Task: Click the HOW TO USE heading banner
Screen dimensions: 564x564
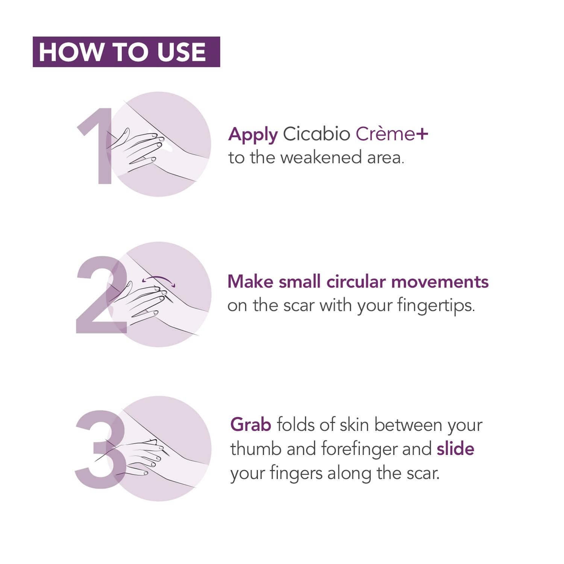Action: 126,52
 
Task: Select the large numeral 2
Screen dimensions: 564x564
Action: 102,294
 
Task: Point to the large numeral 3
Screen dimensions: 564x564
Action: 101,449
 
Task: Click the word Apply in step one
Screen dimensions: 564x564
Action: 253,135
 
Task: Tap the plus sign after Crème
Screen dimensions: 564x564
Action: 421,134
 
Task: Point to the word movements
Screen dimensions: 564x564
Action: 440,282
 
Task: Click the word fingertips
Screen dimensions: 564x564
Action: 436,306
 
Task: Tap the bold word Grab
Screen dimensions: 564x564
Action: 251,425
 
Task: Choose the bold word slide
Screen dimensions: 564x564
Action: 455,449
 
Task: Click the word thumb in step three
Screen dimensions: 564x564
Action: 256,449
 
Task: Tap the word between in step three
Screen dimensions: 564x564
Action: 408,425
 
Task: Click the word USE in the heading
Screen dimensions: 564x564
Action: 181,52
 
